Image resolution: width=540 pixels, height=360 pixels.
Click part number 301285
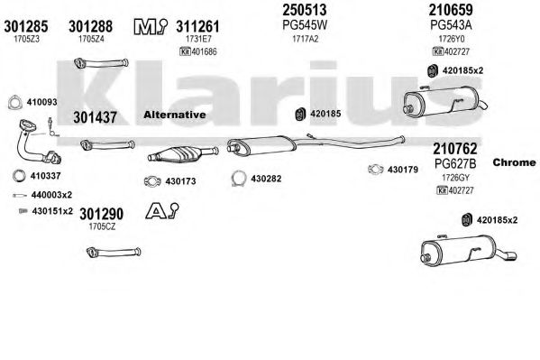point(26,26)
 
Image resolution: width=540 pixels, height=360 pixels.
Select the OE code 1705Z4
point(91,39)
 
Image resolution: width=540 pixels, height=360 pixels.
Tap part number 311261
point(197,26)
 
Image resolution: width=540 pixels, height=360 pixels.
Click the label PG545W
point(305,24)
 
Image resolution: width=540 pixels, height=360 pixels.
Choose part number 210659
point(451,10)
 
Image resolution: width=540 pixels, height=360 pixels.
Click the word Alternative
point(175,115)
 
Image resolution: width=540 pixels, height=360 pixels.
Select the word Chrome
point(514,162)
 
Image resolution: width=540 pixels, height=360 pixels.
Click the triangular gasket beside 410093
point(14,103)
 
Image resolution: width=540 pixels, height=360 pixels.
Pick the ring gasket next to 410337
point(19,176)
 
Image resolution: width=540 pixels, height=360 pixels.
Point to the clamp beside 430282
point(238,179)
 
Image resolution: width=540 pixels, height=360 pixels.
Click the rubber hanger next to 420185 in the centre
point(300,115)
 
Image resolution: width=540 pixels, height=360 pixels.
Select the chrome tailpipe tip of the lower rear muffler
point(508,256)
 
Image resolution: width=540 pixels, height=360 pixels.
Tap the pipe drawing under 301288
point(101,63)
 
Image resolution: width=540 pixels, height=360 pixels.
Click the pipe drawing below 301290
point(114,252)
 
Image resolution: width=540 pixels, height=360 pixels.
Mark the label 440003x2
point(51,195)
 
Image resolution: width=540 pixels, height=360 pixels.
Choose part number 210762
point(454,149)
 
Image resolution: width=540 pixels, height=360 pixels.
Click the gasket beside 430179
point(375,170)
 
